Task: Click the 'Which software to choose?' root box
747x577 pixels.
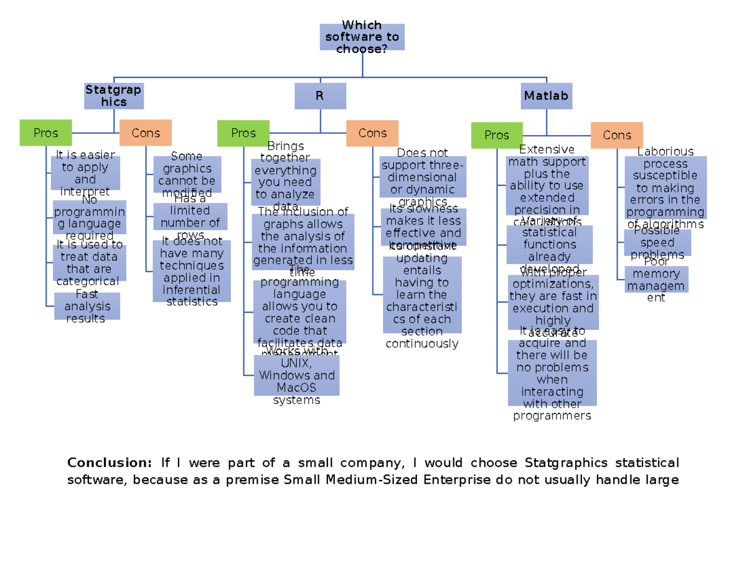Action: (x=362, y=37)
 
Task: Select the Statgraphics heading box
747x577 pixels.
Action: (x=113, y=96)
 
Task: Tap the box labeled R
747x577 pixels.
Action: (x=320, y=96)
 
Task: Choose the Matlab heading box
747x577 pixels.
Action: (x=547, y=96)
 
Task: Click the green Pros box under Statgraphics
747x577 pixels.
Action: (x=45, y=133)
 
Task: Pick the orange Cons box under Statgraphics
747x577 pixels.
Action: (x=146, y=133)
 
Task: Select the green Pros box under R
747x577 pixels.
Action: (x=243, y=133)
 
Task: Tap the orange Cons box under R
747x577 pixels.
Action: (x=372, y=133)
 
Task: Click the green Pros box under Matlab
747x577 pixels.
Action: (x=496, y=135)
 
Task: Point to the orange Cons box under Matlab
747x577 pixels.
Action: (x=616, y=135)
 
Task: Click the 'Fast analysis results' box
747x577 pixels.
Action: (x=87, y=306)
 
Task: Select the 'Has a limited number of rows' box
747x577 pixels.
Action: (x=190, y=217)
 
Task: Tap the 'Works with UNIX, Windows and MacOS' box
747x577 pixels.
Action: (x=297, y=375)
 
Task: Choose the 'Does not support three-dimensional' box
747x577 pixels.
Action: (x=423, y=177)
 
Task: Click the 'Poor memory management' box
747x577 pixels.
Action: (x=656, y=279)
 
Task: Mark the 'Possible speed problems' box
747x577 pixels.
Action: (x=657, y=243)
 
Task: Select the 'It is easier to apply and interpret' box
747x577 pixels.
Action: (x=85, y=173)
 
